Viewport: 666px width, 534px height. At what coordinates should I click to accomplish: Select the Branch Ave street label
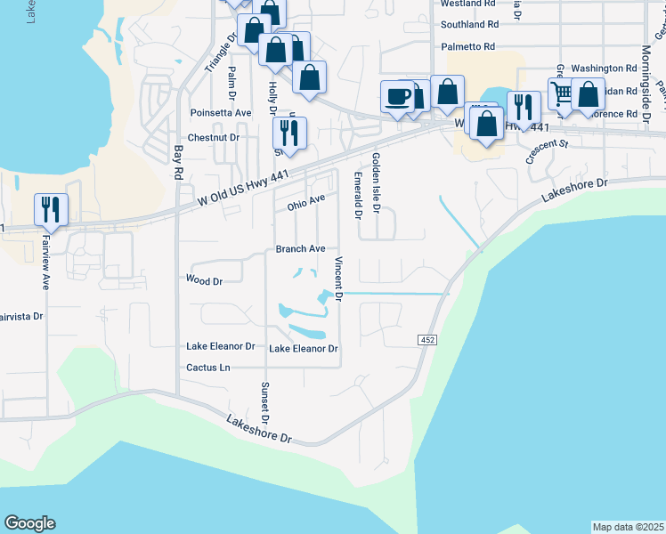click(x=300, y=249)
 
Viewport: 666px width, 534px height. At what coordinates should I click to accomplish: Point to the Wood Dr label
click(x=204, y=280)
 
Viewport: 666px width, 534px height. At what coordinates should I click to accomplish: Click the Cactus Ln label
click(x=207, y=367)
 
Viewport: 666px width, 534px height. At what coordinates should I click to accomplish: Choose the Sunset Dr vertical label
click(x=264, y=402)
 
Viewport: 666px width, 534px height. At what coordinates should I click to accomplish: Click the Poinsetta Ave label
click(x=221, y=113)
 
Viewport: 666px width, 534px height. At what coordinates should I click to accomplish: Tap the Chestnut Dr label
click(x=215, y=138)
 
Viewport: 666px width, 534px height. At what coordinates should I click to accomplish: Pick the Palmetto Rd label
click(x=467, y=46)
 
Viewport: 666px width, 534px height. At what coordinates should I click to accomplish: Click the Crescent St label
click(x=547, y=150)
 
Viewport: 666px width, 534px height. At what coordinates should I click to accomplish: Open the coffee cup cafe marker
click(x=397, y=95)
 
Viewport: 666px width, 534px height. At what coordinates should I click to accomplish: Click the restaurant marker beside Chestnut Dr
click(x=289, y=133)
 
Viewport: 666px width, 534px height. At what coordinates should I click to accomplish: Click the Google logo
click(x=29, y=523)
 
